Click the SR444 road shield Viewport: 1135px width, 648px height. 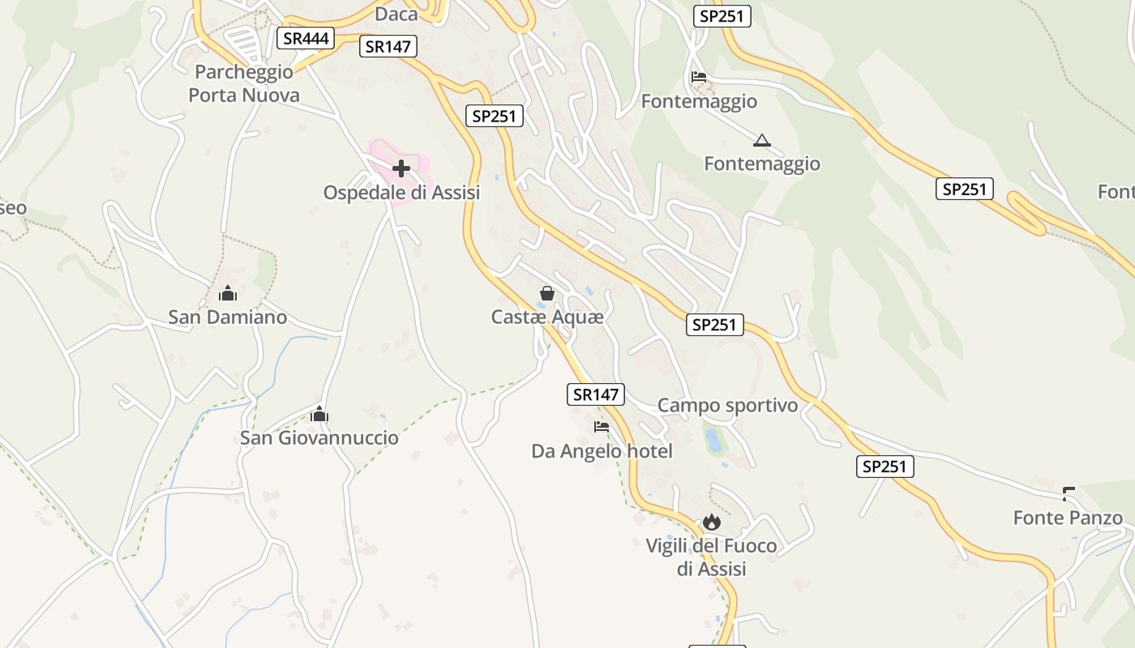306,38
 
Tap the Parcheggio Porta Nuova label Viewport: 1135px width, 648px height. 244,83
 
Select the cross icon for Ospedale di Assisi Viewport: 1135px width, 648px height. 401,168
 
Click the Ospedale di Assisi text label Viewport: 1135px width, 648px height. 401,193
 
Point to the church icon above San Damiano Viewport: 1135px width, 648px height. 228,293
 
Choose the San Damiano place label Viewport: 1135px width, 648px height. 228,317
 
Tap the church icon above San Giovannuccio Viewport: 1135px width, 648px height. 319,415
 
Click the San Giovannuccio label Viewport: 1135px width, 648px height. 319,438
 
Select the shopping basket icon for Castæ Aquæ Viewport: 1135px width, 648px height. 547,292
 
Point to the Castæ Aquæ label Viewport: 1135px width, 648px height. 547,317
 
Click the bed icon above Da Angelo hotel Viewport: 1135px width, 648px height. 601,426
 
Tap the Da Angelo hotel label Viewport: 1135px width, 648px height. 602,450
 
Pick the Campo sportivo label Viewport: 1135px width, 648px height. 727,405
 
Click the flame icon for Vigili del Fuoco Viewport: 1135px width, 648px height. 712,522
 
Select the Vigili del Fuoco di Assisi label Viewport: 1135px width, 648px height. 711,557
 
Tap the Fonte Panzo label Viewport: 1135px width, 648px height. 1068,518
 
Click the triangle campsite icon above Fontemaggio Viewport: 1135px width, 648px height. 761,141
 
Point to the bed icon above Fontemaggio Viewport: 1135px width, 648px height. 699,78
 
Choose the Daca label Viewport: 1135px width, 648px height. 396,14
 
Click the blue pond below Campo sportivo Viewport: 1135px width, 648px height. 713,441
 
